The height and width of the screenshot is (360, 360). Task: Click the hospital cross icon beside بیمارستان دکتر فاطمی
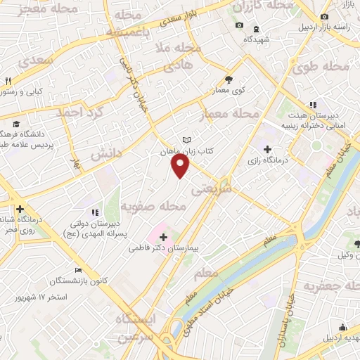[x=163, y=237]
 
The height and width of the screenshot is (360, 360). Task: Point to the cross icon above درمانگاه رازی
[x=267, y=148]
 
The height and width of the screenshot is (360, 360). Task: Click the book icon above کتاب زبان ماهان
[x=186, y=140]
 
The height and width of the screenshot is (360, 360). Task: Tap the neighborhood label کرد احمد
[x=81, y=112]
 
